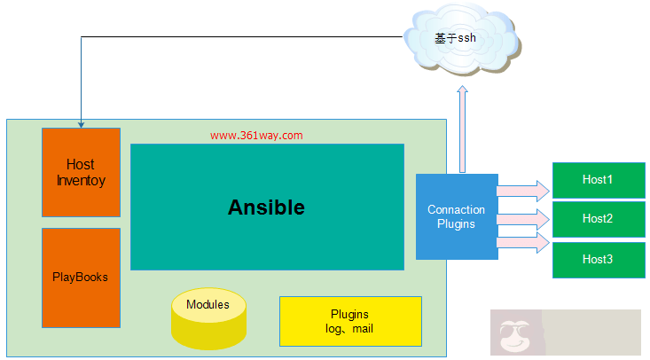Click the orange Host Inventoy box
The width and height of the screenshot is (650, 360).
coord(81,172)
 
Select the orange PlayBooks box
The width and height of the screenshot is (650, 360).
coord(81,278)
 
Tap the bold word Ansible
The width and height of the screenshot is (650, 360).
coord(266,207)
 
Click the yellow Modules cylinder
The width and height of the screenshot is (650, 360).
coord(208,318)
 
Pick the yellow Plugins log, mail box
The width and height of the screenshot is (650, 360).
coord(349,321)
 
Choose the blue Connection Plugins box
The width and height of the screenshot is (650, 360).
coord(456,216)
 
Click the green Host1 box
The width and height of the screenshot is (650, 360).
coord(598,180)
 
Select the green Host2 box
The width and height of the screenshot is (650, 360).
coord(598,218)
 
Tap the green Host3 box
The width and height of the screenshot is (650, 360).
coord(598,259)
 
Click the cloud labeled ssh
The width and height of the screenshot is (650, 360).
coord(462,39)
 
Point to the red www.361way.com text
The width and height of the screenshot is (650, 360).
coord(256,136)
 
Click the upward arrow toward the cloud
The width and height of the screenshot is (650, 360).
coord(462,129)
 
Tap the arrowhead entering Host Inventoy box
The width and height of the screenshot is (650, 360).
coord(81,123)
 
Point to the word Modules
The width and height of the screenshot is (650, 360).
coord(208,305)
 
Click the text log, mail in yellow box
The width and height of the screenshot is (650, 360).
coord(349,329)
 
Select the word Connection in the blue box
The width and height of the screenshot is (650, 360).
coord(456,210)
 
